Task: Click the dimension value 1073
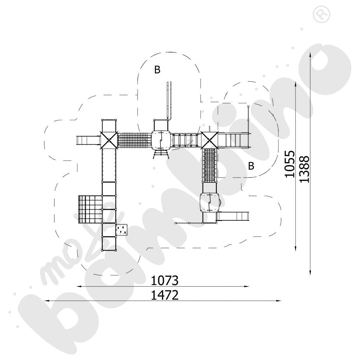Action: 165,280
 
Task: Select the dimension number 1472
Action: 165,295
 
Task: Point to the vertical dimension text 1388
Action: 305,169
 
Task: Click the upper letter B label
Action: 157,69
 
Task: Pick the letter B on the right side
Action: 251,166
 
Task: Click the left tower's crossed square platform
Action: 109,140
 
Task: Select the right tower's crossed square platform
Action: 209,140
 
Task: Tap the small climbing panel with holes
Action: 121,230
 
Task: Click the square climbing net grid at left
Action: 90,209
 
